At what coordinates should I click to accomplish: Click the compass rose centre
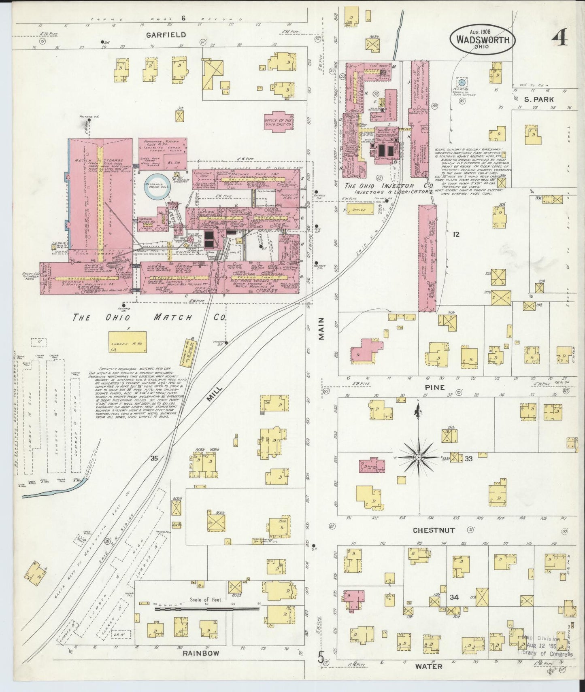(x=419, y=457)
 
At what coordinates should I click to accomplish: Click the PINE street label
(x=435, y=387)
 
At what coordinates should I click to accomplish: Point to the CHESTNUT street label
(x=434, y=530)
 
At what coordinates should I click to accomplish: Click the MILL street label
(x=215, y=393)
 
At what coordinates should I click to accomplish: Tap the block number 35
(x=153, y=458)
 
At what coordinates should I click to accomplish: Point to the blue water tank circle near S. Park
(x=461, y=82)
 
